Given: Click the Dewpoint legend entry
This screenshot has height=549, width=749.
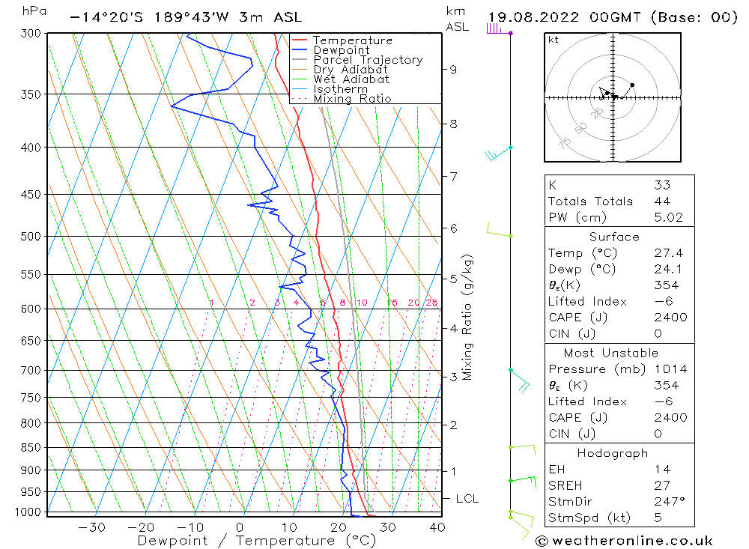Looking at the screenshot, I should pyautogui.click(x=341, y=50).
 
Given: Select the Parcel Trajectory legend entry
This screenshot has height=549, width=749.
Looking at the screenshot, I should pyautogui.click(x=368, y=60).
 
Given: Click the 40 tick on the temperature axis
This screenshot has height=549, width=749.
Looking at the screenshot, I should pyautogui.click(x=437, y=527).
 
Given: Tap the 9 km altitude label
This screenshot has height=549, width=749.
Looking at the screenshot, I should pyautogui.click(x=453, y=70).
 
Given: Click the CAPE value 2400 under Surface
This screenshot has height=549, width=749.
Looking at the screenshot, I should pyautogui.click(x=670, y=318).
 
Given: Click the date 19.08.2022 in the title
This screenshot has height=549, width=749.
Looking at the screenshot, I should pyautogui.click(x=535, y=17).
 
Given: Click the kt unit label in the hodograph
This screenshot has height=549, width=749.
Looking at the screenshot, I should pyautogui.click(x=554, y=40).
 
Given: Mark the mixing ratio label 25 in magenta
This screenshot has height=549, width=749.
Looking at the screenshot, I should pyautogui.click(x=431, y=303).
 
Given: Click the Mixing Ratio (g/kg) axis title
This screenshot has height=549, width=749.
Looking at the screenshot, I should pyautogui.click(x=468, y=317).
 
